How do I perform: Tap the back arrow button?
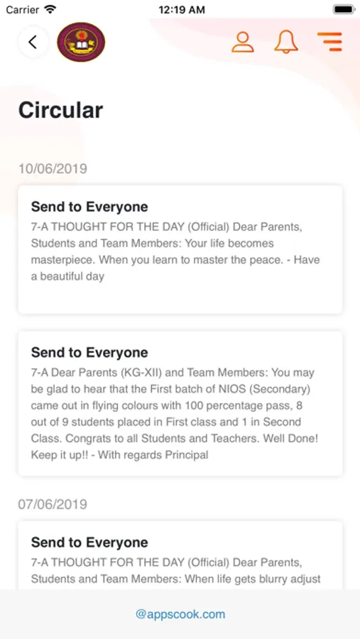[x=33, y=42]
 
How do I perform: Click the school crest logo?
[x=81, y=42]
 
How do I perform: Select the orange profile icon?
[x=243, y=42]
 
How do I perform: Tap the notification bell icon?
[x=286, y=42]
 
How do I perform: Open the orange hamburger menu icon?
[x=329, y=42]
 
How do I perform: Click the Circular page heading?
[x=60, y=110]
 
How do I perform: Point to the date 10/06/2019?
[x=53, y=169]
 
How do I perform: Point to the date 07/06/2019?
[x=53, y=504]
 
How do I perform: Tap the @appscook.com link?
[x=180, y=614]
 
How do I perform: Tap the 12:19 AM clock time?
[x=181, y=10]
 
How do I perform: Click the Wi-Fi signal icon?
[x=50, y=10]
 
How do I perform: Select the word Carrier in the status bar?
[x=23, y=10]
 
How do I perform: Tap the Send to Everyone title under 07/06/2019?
[x=89, y=542]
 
